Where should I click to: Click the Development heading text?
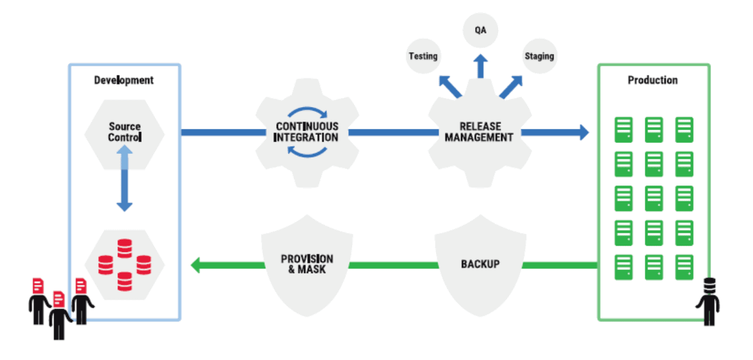(x=124, y=80)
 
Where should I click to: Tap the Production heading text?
(x=653, y=80)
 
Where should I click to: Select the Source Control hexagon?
(x=124, y=132)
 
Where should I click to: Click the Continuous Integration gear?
(x=307, y=132)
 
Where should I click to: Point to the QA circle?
(x=481, y=29)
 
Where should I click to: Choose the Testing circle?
(x=423, y=57)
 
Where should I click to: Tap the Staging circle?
(x=539, y=57)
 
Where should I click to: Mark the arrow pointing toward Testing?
(x=449, y=86)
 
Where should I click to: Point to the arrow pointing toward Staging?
(x=512, y=86)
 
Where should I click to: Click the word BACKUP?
(x=481, y=264)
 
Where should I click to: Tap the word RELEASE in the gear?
(x=481, y=126)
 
